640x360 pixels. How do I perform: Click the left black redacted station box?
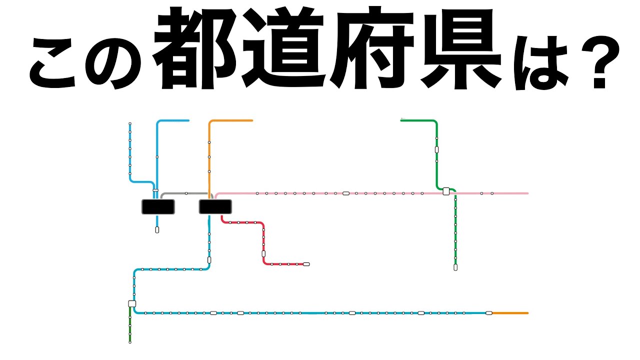[158, 206]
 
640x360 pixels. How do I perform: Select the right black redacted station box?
[215, 206]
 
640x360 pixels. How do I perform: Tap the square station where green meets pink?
[446, 191]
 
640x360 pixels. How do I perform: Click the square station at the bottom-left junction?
[132, 303]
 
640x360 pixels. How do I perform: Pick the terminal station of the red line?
[306, 264]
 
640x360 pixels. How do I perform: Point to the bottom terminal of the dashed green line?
[455, 267]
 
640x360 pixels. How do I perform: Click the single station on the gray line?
[186, 193]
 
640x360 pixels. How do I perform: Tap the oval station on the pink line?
[345, 193]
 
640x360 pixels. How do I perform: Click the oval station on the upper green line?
[436, 149]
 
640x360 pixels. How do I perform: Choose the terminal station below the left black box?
[157, 230]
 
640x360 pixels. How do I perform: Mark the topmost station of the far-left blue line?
[130, 123]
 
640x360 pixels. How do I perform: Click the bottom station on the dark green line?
[130, 342]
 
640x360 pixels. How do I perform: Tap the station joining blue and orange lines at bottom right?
[488, 313]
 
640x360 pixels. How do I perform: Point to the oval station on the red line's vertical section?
[263, 254]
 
